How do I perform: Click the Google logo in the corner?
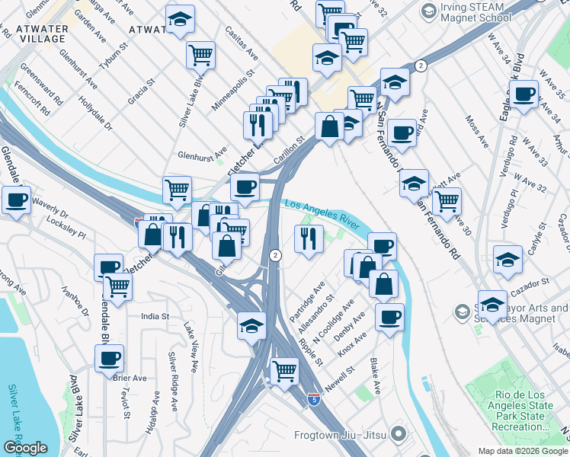25,448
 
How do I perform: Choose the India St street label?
154,315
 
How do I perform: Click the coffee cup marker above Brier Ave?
109,357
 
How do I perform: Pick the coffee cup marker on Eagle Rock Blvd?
524,94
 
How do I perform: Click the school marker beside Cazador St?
493,304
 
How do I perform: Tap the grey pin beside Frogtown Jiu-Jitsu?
397,435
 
